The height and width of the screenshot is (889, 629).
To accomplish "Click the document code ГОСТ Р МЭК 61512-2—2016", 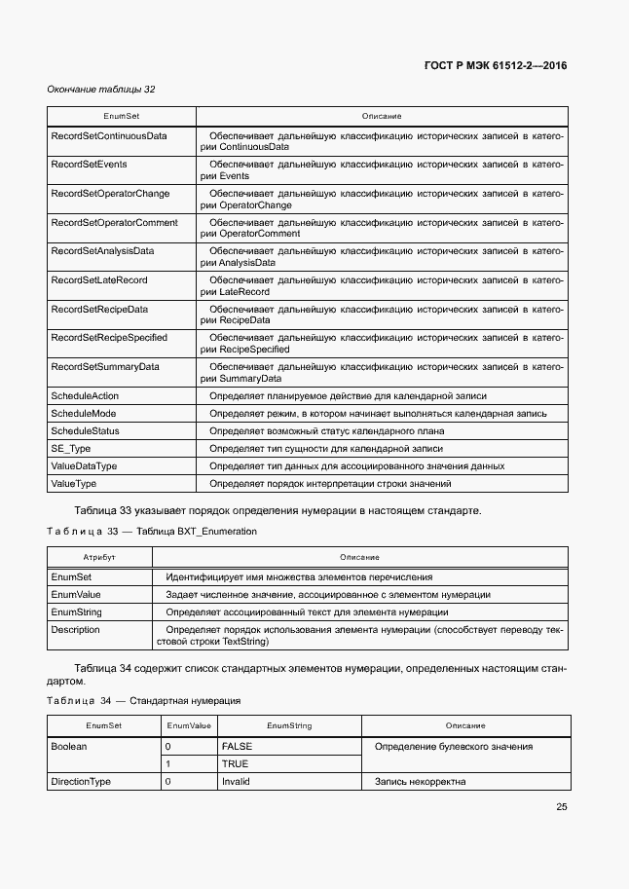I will (x=496, y=66).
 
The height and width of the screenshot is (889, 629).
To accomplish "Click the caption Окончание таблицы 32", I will (x=101, y=90).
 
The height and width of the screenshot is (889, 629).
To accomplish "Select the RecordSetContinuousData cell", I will (x=108, y=136).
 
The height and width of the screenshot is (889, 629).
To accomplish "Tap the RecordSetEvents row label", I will (x=89, y=166).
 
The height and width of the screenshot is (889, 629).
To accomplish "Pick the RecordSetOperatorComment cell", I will (x=114, y=223).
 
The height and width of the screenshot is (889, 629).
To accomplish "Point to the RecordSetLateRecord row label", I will (x=98, y=280).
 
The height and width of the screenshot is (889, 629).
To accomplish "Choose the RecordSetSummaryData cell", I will (x=105, y=367).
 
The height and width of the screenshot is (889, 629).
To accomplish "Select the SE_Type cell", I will (x=71, y=449).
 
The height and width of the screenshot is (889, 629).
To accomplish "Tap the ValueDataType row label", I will (x=84, y=466).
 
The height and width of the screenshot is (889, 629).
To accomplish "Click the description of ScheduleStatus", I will (x=326, y=431).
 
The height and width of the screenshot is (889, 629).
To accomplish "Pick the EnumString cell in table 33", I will (x=76, y=612).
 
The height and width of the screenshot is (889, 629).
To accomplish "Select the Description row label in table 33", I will (x=75, y=630).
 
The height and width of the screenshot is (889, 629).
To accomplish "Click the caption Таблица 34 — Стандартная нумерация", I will (x=143, y=701).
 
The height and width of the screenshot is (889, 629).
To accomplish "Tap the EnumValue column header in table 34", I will (x=189, y=726).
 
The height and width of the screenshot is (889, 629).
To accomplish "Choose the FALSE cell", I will (x=237, y=747).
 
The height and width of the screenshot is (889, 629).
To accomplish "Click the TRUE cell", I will (x=235, y=764).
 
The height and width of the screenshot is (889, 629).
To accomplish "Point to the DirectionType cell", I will (x=81, y=782).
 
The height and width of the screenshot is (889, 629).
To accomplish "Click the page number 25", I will (x=562, y=806).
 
